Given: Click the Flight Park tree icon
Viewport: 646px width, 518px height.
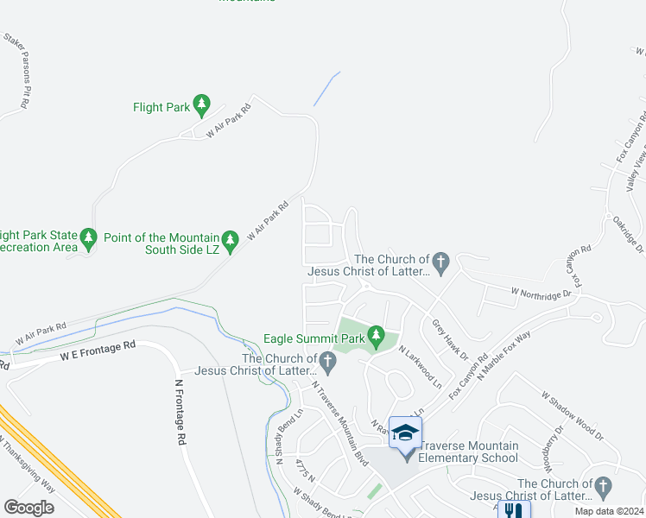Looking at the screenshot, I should [201, 106].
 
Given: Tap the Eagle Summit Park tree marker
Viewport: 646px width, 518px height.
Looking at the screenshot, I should [375, 334].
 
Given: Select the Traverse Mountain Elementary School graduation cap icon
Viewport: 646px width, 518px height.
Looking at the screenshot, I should [404, 432].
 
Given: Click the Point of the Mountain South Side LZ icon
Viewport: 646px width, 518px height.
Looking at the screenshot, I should [230, 239].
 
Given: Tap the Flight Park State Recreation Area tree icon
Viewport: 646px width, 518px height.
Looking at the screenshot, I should [88, 238].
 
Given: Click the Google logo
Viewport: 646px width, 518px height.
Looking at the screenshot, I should [28, 508].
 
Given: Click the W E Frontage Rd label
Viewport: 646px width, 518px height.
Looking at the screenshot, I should [98, 350].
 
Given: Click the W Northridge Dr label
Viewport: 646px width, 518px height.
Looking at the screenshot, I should [541, 294].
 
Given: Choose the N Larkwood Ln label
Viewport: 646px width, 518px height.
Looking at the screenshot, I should [420, 367].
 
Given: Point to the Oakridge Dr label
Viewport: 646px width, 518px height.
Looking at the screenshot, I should [626, 234].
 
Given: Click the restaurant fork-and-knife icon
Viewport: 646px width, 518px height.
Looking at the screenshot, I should [513, 511].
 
